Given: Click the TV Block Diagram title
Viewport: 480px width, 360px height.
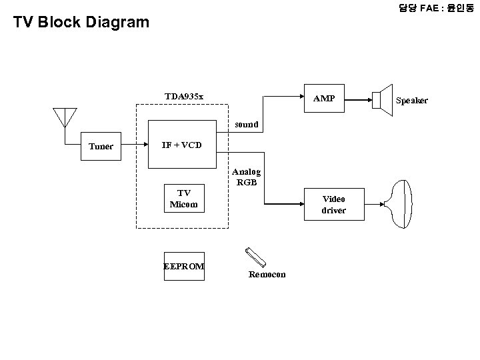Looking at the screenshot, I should click(82, 22).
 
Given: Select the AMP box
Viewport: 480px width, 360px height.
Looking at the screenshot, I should click(324, 99).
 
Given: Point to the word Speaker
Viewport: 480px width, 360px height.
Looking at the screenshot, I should click(411, 100).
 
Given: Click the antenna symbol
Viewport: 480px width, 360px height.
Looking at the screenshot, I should click(65, 117).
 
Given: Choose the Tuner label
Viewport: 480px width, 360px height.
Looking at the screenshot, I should click(101, 146).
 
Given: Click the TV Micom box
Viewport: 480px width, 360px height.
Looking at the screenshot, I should click(183, 199).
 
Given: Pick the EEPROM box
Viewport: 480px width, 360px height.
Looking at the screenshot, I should click(184, 266).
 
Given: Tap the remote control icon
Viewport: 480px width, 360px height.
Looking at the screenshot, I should click(255, 257).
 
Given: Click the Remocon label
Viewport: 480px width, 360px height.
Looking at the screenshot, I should click(267, 274).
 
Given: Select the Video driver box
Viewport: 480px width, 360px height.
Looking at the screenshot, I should click(333, 205).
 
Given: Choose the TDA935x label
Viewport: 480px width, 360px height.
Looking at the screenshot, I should click(184, 96).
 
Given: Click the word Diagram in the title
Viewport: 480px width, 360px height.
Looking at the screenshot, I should click(117, 22).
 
